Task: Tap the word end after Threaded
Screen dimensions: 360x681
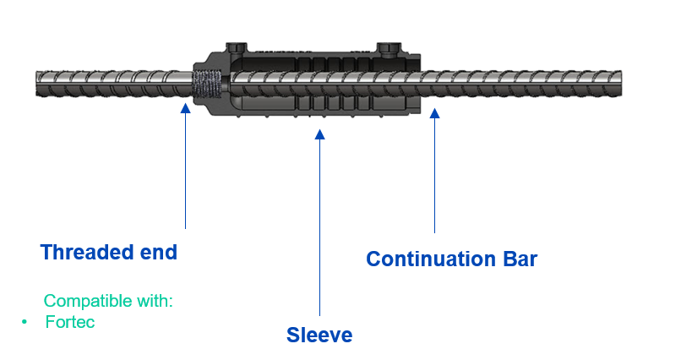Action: click(x=160, y=252)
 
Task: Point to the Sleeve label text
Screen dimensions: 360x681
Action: click(x=319, y=335)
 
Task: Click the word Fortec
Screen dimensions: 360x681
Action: click(x=70, y=323)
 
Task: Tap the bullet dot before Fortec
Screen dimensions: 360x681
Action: click(x=25, y=323)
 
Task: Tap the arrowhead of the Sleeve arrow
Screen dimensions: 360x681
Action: click(x=319, y=133)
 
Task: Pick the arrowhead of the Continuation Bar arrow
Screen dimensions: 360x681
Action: click(x=435, y=113)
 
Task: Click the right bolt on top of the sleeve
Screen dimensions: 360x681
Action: click(x=388, y=46)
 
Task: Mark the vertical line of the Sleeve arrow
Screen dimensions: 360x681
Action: click(x=319, y=228)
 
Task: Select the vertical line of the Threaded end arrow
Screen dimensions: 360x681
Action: click(x=185, y=169)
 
